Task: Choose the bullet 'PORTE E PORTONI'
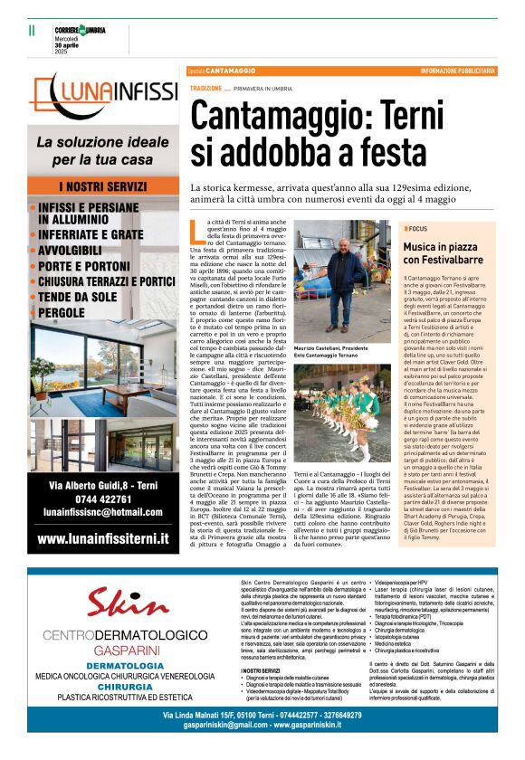click(x=91, y=266)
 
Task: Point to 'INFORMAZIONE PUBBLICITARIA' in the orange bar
click(x=457, y=71)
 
